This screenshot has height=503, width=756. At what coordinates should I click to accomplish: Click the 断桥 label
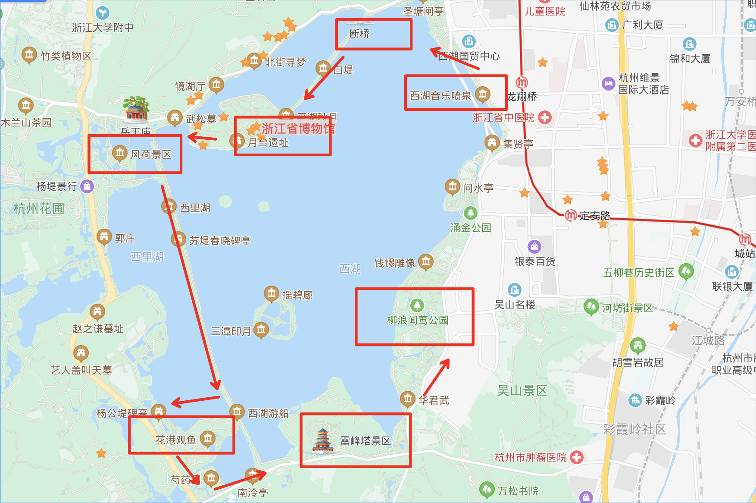[x=359, y=34]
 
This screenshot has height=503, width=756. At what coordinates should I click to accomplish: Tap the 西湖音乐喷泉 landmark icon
[x=483, y=94]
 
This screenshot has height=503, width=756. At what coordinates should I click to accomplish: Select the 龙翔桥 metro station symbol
[x=522, y=82]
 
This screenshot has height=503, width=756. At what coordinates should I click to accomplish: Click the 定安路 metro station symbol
[x=571, y=215]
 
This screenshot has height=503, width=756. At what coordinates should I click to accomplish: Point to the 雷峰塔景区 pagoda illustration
[x=323, y=440]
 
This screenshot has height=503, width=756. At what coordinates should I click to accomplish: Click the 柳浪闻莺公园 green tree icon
[x=417, y=305]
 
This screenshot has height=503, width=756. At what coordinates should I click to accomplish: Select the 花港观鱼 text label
[x=176, y=440]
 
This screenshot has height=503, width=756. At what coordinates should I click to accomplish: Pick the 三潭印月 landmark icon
[x=261, y=330]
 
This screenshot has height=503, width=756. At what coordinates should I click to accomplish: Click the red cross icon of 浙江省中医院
[x=545, y=117]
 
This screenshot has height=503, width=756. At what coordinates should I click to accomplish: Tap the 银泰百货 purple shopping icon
[x=534, y=247]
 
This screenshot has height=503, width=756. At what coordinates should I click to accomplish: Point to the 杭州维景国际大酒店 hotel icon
[x=608, y=83]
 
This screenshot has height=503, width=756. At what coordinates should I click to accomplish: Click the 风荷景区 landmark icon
[x=119, y=153]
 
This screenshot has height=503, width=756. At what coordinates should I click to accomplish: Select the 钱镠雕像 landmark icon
[x=426, y=261]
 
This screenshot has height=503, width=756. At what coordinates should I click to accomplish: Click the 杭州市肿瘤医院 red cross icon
[x=577, y=457]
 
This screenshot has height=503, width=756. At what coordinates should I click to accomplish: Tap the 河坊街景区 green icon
[x=591, y=307]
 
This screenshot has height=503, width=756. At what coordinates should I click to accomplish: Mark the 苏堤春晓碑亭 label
[x=220, y=241]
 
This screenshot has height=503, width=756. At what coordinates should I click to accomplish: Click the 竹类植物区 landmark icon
[x=29, y=55]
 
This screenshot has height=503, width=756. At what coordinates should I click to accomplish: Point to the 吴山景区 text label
[x=522, y=391]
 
